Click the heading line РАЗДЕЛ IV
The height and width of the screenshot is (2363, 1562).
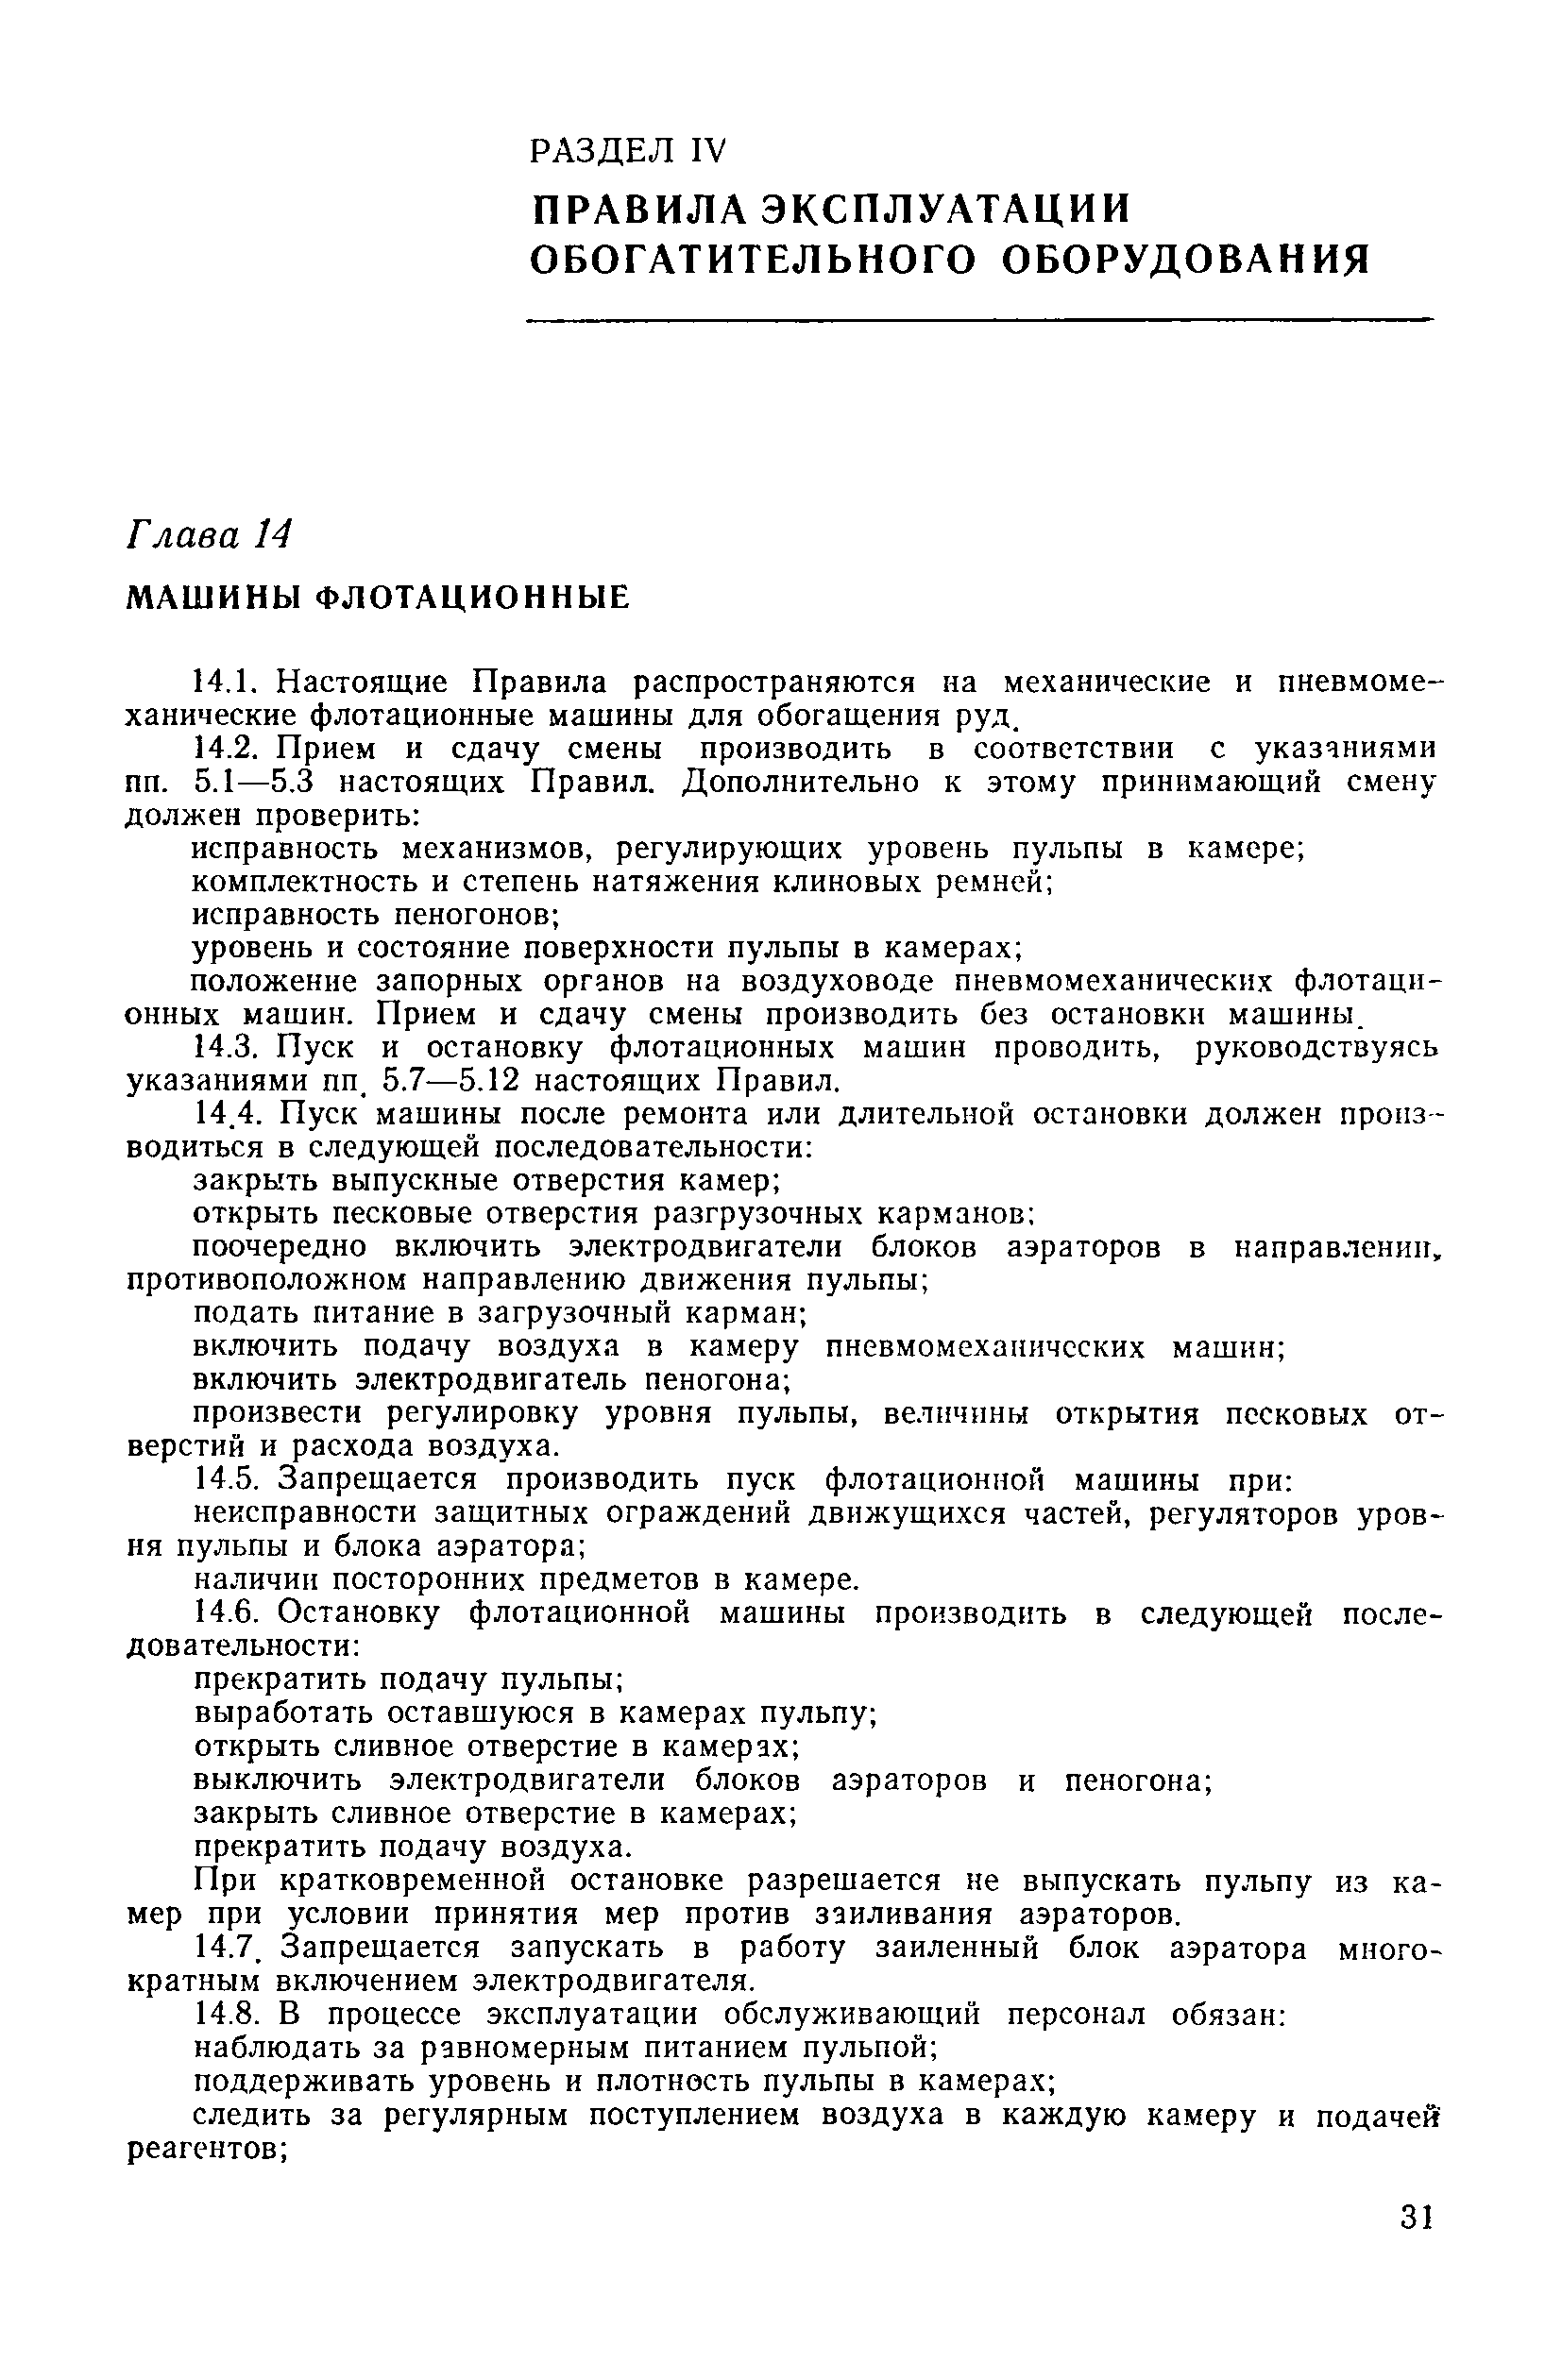pyautogui.click(x=629, y=150)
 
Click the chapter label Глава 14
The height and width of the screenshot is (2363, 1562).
pyautogui.click(x=208, y=537)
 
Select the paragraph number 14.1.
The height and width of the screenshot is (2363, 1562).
pyautogui.click(x=226, y=683)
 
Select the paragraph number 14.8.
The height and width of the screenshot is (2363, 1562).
pyautogui.click(x=228, y=2014)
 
